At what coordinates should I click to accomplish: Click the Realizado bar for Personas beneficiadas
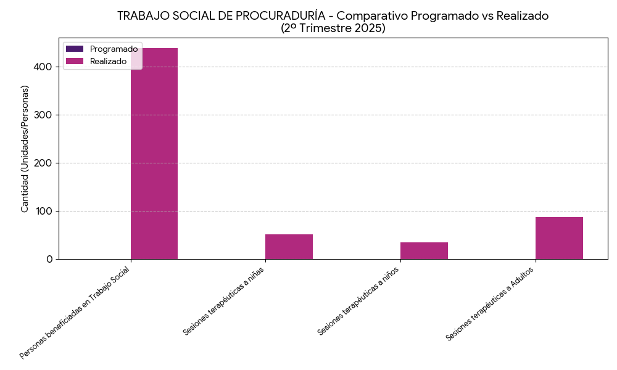tap(154, 154)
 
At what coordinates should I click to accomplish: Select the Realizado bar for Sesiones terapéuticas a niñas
tap(289, 247)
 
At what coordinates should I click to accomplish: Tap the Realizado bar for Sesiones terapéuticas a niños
tap(424, 251)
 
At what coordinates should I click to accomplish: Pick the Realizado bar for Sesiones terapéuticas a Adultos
tap(559, 238)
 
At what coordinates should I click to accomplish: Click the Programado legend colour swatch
tap(75, 49)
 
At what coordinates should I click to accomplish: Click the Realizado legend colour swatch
tap(75, 61)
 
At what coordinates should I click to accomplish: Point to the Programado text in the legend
tap(114, 49)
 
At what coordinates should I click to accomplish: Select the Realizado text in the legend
tap(108, 61)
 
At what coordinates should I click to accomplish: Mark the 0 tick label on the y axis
tap(49, 259)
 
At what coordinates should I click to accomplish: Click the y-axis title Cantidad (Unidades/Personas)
tap(25, 149)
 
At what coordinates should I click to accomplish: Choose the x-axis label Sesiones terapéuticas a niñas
tap(224, 300)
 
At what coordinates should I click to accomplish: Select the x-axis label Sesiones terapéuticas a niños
tap(358, 300)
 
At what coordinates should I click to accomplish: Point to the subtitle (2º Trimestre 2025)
tap(333, 28)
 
